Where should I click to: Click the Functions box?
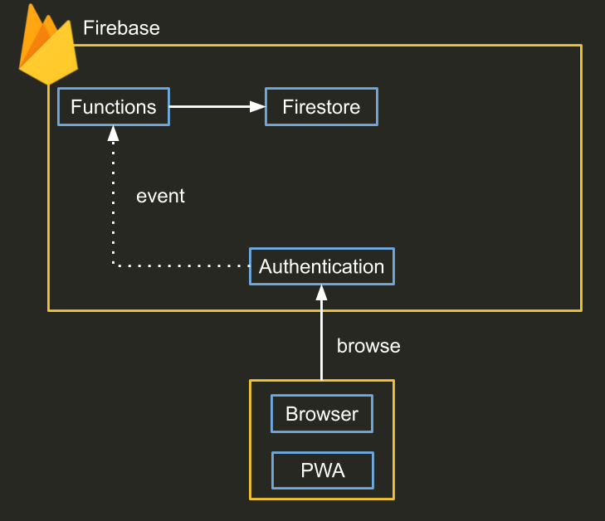pyautogui.click(x=113, y=107)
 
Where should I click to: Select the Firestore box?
pyautogui.click(x=321, y=107)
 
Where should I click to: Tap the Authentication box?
pyautogui.click(x=321, y=267)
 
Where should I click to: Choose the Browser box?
pyautogui.click(x=322, y=414)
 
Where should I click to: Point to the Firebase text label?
pyautogui.click(x=121, y=28)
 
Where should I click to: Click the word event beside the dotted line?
pyautogui.click(x=160, y=197)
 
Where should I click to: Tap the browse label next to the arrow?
pyautogui.click(x=368, y=346)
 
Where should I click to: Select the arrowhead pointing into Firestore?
pyautogui.click(x=258, y=106)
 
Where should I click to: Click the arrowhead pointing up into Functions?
pyautogui.click(x=113, y=133)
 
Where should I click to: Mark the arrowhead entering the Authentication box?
pyautogui.click(x=321, y=293)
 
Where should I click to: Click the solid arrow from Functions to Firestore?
pyautogui.click(x=212, y=106)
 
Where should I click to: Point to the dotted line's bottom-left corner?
pyautogui.click(x=113, y=265)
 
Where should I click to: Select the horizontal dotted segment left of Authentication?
pyautogui.click(x=183, y=265)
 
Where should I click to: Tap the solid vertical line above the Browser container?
pyautogui.click(x=321, y=340)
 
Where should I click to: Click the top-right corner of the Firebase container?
pyautogui.click(x=581, y=46)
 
